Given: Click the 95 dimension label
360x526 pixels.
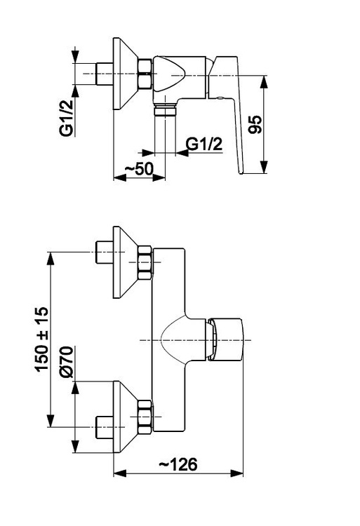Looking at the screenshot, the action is (x=256, y=124).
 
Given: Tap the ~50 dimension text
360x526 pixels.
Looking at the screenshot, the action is (x=139, y=169).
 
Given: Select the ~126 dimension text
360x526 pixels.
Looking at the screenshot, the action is (x=178, y=464).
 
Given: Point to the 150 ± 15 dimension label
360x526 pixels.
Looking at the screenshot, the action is (x=41, y=339).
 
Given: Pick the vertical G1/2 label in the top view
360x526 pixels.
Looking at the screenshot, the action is (x=66, y=117).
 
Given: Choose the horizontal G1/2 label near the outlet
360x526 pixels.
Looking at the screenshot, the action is (x=204, y=144).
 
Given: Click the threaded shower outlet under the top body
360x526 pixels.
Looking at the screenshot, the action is (x=165, y=111).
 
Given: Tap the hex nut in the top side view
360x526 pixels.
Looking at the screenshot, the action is (x=145, y=74).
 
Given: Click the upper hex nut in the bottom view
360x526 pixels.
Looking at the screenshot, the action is (x=145, y=263).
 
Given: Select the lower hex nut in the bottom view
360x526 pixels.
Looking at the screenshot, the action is (x=145, y=417).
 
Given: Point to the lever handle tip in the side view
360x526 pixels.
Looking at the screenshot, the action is (x=241, y=170).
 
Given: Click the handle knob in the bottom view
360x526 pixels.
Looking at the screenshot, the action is (x=225, y=339).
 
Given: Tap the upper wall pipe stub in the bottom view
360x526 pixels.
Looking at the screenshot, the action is (x=105, y=252).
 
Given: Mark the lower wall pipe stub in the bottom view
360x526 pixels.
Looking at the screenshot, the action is (x=105, y=427).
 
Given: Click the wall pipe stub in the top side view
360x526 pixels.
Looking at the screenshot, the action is (x=105, y=74).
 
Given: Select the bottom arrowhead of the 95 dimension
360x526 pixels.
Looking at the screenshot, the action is (x=265, y=167).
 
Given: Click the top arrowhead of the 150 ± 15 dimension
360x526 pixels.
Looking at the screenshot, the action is (x=51, y=258).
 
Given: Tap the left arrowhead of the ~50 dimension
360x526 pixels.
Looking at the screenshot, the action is (x=120, y=178).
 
